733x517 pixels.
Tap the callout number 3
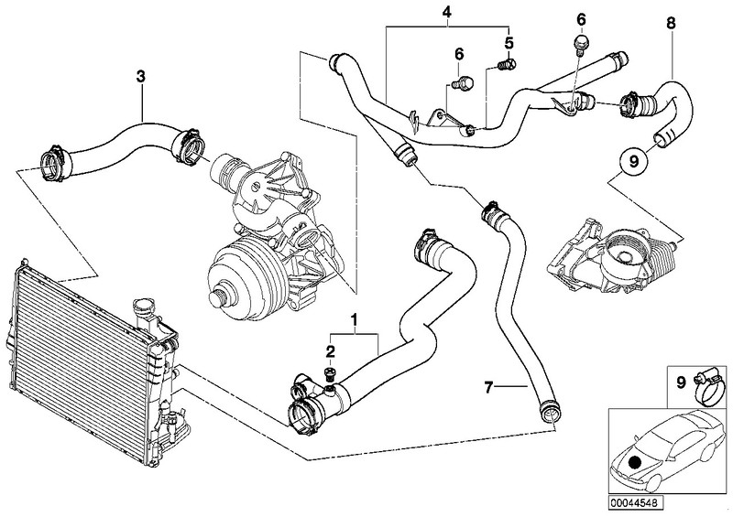pos(140,77)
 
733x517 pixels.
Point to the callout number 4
pos(446,12)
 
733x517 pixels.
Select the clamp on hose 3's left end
pos(51,163)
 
